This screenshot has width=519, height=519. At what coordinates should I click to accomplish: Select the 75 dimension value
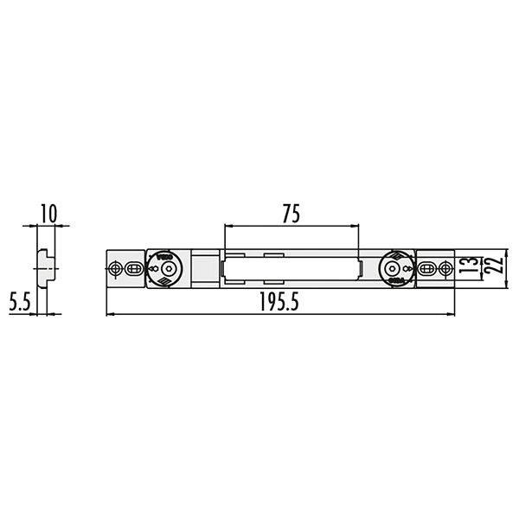(291, 214)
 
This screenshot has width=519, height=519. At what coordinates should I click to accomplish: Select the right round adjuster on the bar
(397, 268)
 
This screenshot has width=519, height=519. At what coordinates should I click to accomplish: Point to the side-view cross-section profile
(42, 268)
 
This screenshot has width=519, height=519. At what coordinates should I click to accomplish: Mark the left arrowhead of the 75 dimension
(227, 227)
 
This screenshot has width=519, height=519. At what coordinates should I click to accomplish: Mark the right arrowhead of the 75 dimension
(355, 227)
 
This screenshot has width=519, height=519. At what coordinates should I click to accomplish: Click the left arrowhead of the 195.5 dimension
(109, 313)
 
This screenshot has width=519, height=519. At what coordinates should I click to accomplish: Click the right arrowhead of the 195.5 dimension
(452, 313)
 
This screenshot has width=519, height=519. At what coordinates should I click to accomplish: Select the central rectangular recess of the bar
(290, 268)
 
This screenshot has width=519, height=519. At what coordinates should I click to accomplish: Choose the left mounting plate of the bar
(125, 269)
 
